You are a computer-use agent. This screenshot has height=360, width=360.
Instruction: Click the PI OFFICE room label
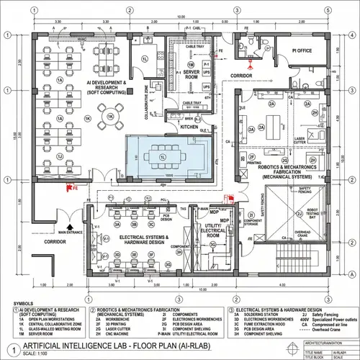pos(303,50)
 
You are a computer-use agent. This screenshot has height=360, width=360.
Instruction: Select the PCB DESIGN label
pos(166,217)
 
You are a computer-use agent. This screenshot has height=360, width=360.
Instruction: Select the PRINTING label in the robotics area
pos(254,163)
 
